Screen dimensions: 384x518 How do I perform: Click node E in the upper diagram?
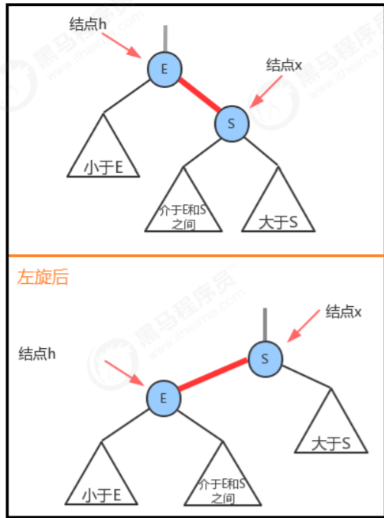(164, 69)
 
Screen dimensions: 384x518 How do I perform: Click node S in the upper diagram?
(232, 123)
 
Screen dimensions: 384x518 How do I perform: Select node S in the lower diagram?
(265, 359)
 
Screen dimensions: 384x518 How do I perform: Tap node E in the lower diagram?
(164, 399)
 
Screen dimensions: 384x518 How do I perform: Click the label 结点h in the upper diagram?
(88, 24)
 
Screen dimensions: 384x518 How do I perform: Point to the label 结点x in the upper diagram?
(284, 64)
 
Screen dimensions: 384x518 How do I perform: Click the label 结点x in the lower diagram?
(343, 311)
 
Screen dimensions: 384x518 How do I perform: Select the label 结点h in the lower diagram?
(37, 353)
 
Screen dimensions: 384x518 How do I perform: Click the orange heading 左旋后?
(43, 277)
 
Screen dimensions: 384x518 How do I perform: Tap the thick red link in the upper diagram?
(200, 95)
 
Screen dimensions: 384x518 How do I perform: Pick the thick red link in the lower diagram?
(213, 374)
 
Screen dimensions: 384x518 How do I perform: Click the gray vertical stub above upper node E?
(165, 39)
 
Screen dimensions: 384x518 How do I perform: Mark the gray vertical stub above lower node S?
(265, 324)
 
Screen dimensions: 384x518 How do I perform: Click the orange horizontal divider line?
(196, 256)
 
